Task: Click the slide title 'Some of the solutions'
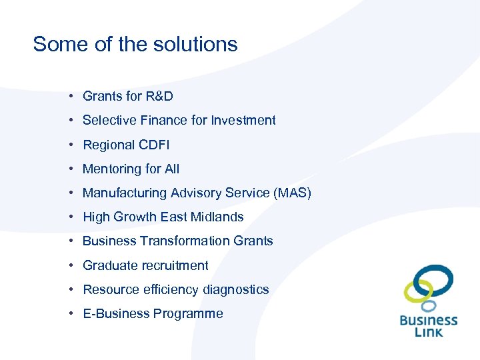135,44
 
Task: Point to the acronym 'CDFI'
154,145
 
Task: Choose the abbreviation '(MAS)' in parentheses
291,193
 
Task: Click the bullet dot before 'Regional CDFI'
70,145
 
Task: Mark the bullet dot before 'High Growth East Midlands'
70,217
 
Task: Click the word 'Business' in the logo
429,320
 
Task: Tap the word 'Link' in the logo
429,332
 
